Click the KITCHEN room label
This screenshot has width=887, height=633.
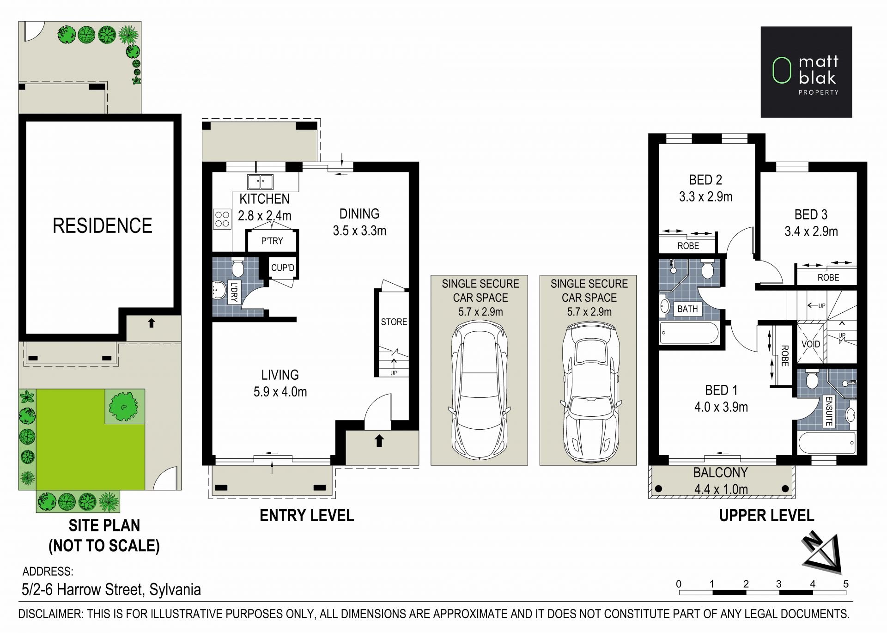click(x=264, y=199)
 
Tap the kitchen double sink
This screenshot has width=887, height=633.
click(x=260, y=182)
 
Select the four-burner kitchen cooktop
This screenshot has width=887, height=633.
click(x=222, y=219)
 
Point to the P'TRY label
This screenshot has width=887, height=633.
click(x=272, y=241)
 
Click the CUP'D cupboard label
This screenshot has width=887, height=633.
click(x=283, y=268)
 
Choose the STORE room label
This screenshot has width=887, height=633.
click(x=394, y=322)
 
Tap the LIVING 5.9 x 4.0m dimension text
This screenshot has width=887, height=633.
click(x=280, y=392)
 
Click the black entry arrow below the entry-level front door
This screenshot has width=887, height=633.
click(x=379, y=441)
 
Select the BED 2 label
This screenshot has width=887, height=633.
click(x=705, y=180)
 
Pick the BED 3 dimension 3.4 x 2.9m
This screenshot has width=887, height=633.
click(x=811, y=231)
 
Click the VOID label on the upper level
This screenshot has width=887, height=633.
click(x=811, y=344)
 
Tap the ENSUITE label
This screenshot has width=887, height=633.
click(x=829, y=411)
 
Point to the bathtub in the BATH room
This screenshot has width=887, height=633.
click(x=689, y=333)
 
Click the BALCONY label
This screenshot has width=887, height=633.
click(x=720, y=473)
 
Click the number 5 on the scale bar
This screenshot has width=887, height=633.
click(x=846, y=584)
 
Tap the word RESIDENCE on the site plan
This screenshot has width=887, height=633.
click(x=102, y=226)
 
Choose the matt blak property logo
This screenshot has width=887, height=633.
click(x=806, y=72)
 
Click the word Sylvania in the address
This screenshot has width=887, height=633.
click(x=175, y=590)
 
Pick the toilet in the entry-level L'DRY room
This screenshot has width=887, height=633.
click(x=237, y=267)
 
